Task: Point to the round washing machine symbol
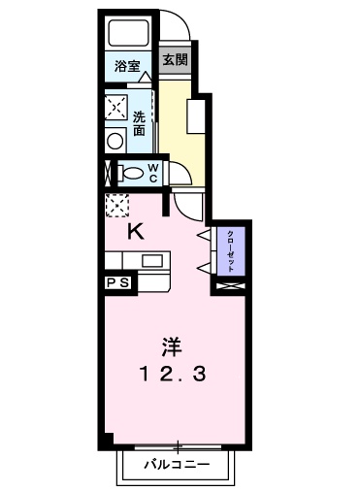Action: (x=115, y=140)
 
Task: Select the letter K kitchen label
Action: (x=136, y=231)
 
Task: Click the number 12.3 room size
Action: (x=172, y=374)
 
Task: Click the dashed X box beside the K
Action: (x=116, y=205)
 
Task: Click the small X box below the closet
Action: (x=231, y=287)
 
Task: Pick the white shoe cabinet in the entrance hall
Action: (x=195, y=117)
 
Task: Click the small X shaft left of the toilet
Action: (x=108, y=173)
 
